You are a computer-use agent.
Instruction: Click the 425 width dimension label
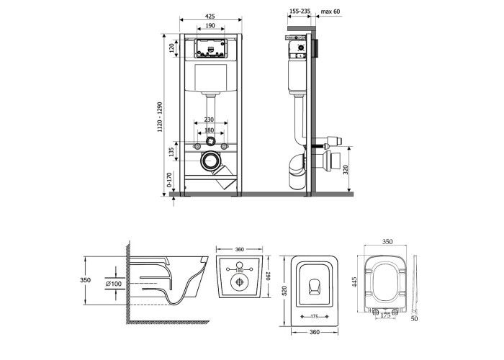pos(210,17)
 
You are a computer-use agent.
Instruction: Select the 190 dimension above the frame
pos(210,26)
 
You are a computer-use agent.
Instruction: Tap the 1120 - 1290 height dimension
pos(160,117)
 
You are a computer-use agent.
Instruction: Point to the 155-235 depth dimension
pos(300,12)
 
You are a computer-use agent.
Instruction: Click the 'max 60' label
pos(330,12)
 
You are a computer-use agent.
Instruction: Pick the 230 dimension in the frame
pos(209,120)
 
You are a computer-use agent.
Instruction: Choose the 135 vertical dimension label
pos(171,152)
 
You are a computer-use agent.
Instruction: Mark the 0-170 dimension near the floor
pos(169,180)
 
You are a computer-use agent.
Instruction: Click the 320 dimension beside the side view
pos(346,170)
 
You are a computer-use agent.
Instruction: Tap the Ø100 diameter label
pos(114,284)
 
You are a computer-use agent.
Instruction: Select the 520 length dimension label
pos(284,291)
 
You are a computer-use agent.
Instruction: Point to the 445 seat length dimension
pos(355,282)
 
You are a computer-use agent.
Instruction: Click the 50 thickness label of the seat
pos(415,319)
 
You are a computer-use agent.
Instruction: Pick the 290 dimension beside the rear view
pos(269,276)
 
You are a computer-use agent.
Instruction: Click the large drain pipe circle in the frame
pos(210,160)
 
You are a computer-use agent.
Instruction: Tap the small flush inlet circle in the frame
pos(210,140)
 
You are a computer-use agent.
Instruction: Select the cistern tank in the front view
pos(211,78)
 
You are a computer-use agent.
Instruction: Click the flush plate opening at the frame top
pos(211,49)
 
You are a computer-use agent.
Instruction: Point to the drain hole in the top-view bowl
pos(315,287)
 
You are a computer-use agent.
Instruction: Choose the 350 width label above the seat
pos(387,242)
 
